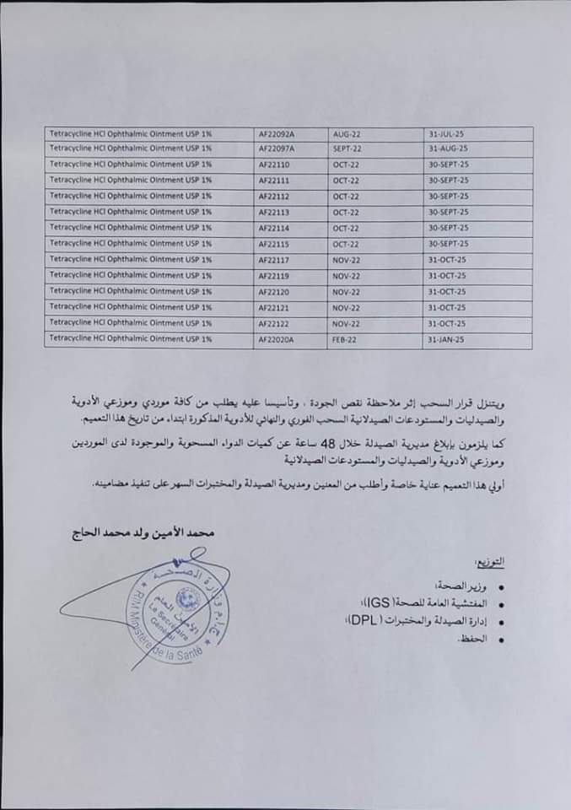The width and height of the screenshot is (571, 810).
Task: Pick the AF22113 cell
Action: point(276,211)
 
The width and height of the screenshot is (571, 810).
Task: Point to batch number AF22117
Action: point(276,259)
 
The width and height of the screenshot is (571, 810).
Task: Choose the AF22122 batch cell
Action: point(276,322)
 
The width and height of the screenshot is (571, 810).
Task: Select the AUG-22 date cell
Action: point(347,133)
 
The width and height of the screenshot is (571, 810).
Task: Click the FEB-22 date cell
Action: point(345,338)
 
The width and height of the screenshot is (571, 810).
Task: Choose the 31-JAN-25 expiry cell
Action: point(447,338)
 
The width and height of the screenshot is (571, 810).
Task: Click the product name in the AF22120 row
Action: point(130,290)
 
